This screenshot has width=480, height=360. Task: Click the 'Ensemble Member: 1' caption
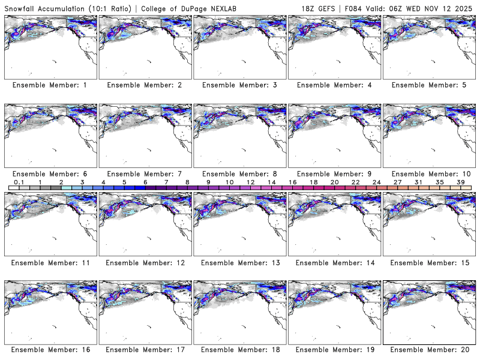pos(49,85)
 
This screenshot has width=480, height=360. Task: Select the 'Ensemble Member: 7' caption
pos(144,173)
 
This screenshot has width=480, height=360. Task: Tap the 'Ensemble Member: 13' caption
pos(238,262)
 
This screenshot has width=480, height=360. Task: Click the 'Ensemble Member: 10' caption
pos(428,173)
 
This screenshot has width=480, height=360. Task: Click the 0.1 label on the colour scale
pos(19,182)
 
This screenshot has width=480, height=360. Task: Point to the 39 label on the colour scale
pos(460,182)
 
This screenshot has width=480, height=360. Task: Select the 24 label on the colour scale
pos(376,182)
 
